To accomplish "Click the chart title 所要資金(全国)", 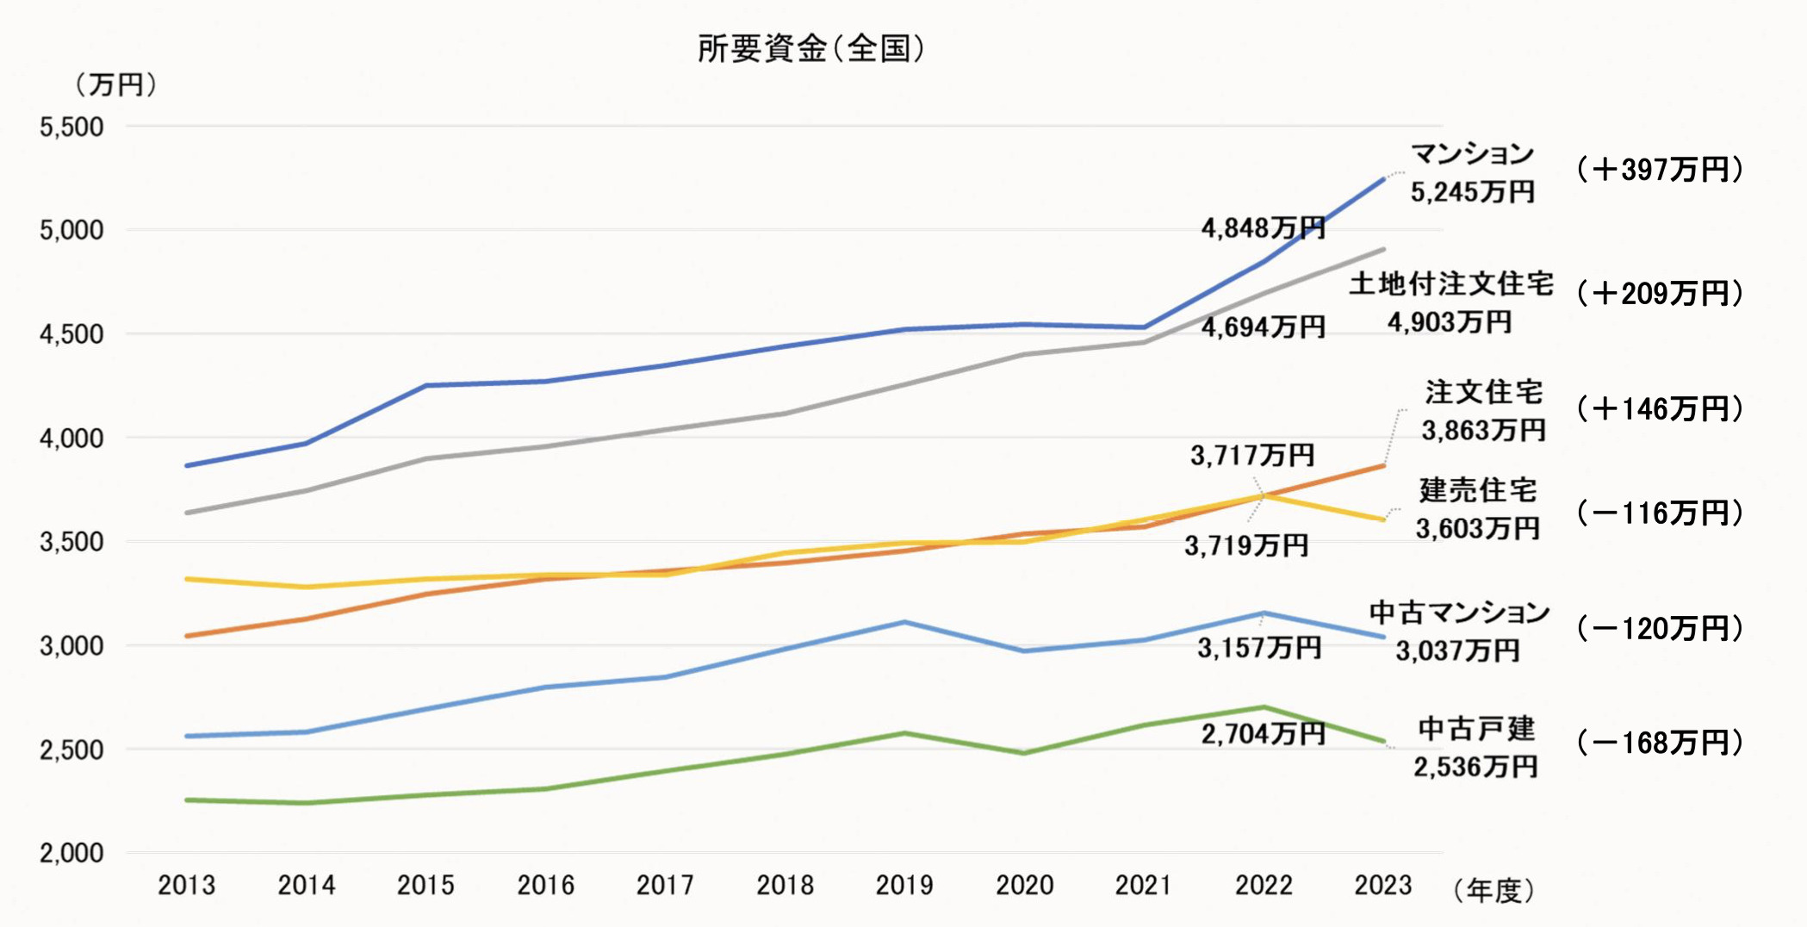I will click(x=810, y=49).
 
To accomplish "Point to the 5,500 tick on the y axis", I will click(x=71, y=128).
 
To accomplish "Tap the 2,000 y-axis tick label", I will click(x=71, y=853).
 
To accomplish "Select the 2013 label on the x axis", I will click(x=186, y=885).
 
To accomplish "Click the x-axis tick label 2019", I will click(x=904, y=885).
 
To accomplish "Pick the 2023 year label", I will click(x=1383, y=885).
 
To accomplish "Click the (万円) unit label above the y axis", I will click(x=115, y=84).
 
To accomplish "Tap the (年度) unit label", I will click(x=1493, y=891).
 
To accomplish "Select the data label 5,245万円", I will click(x=1472, y=191).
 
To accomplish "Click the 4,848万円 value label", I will click(x=1263, y=228).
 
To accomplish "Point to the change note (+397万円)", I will click(x=1660, y=170).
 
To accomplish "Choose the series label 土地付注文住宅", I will click(x=1451, y=283).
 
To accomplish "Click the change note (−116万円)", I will click(x=1660, y=513).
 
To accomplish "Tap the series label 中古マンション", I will click(x=1459, y=613).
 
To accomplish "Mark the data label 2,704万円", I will click(x=1263, y=734).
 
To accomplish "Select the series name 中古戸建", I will click(x=1476, y=729).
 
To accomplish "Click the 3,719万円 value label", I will click(x=1246, y=545).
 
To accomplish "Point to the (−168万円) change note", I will click(x=1660, y=743).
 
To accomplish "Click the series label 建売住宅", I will click(x=1478, y=490).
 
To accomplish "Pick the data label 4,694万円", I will click(x=1263, y=327).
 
